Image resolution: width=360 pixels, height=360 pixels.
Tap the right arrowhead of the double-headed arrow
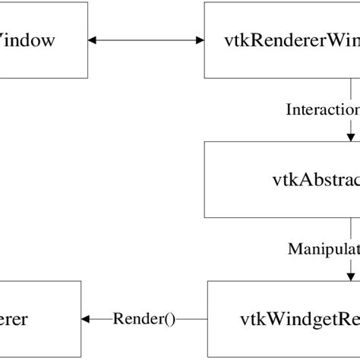tap(199, 40)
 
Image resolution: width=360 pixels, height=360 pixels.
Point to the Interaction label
tap(322, 109)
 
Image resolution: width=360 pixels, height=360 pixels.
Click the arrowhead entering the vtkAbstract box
tap(351, 136)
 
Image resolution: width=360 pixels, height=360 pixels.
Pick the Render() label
tap(144, 319)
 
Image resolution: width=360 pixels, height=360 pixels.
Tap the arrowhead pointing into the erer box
tap(87, 319)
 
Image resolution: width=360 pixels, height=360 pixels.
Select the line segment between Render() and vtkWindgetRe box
tap(192, 319)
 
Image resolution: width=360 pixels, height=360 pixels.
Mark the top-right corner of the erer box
tap(81, 281)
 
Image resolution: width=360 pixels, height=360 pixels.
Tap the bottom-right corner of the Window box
tap(87, 78)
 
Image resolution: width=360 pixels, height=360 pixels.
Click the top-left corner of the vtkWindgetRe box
tap(206, 281)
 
